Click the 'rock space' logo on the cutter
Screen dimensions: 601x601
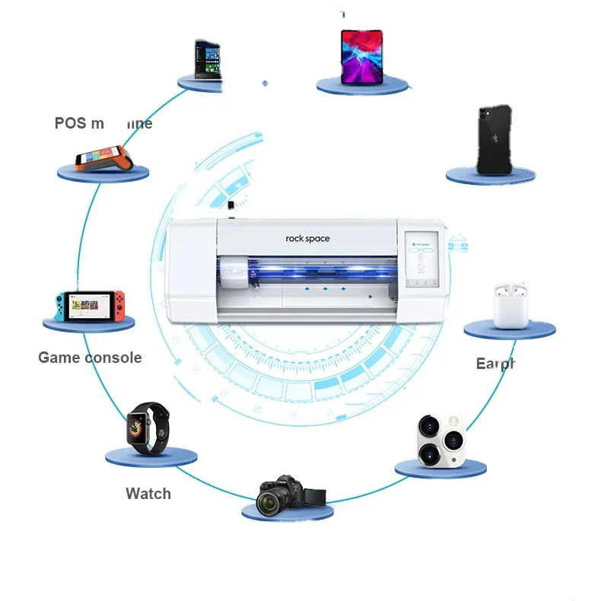coord(308,239)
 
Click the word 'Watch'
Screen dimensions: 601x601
coord(148,494)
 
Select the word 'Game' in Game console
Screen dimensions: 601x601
coord(62,358)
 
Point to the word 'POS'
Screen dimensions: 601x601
coord(71,123)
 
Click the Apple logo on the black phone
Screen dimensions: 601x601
coord(492,139)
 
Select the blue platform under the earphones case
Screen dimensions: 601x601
coord(510,330)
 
